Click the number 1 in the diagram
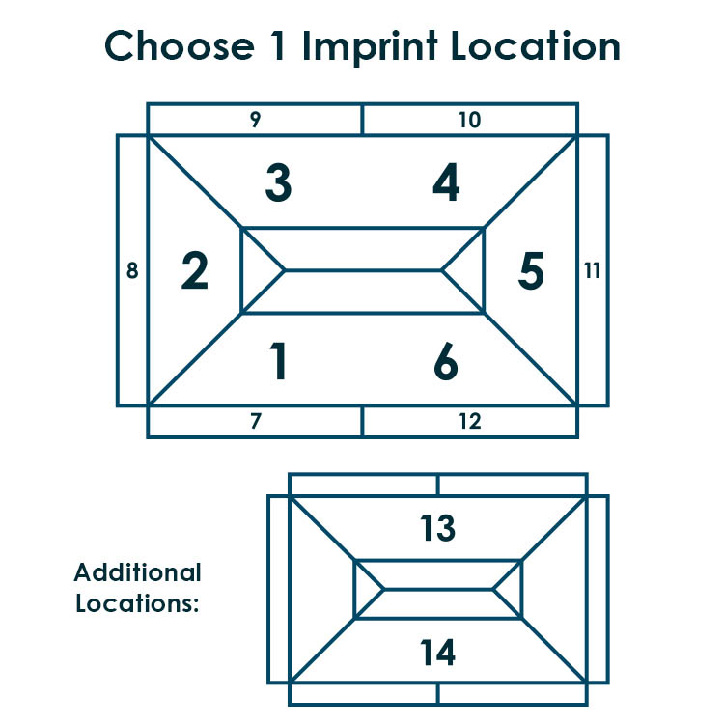[278, 361]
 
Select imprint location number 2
[194, 270]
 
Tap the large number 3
[278, 182]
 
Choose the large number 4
[446, 181]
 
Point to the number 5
[531, 270]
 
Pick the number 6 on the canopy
[446, 361]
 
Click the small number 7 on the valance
[256, 421]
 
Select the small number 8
[132, 270]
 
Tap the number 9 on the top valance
[256, 119]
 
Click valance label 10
[469, 120]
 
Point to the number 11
[592, 270]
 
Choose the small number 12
[470, 421]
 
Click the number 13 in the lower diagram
[437, 528]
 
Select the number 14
[437, 652]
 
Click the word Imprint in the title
[370, 46]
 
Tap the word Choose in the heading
[180, 45]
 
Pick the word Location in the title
[535, 45]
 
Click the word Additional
[138, 572]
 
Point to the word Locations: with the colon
[137, 603]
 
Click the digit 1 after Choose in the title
[278, 45]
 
